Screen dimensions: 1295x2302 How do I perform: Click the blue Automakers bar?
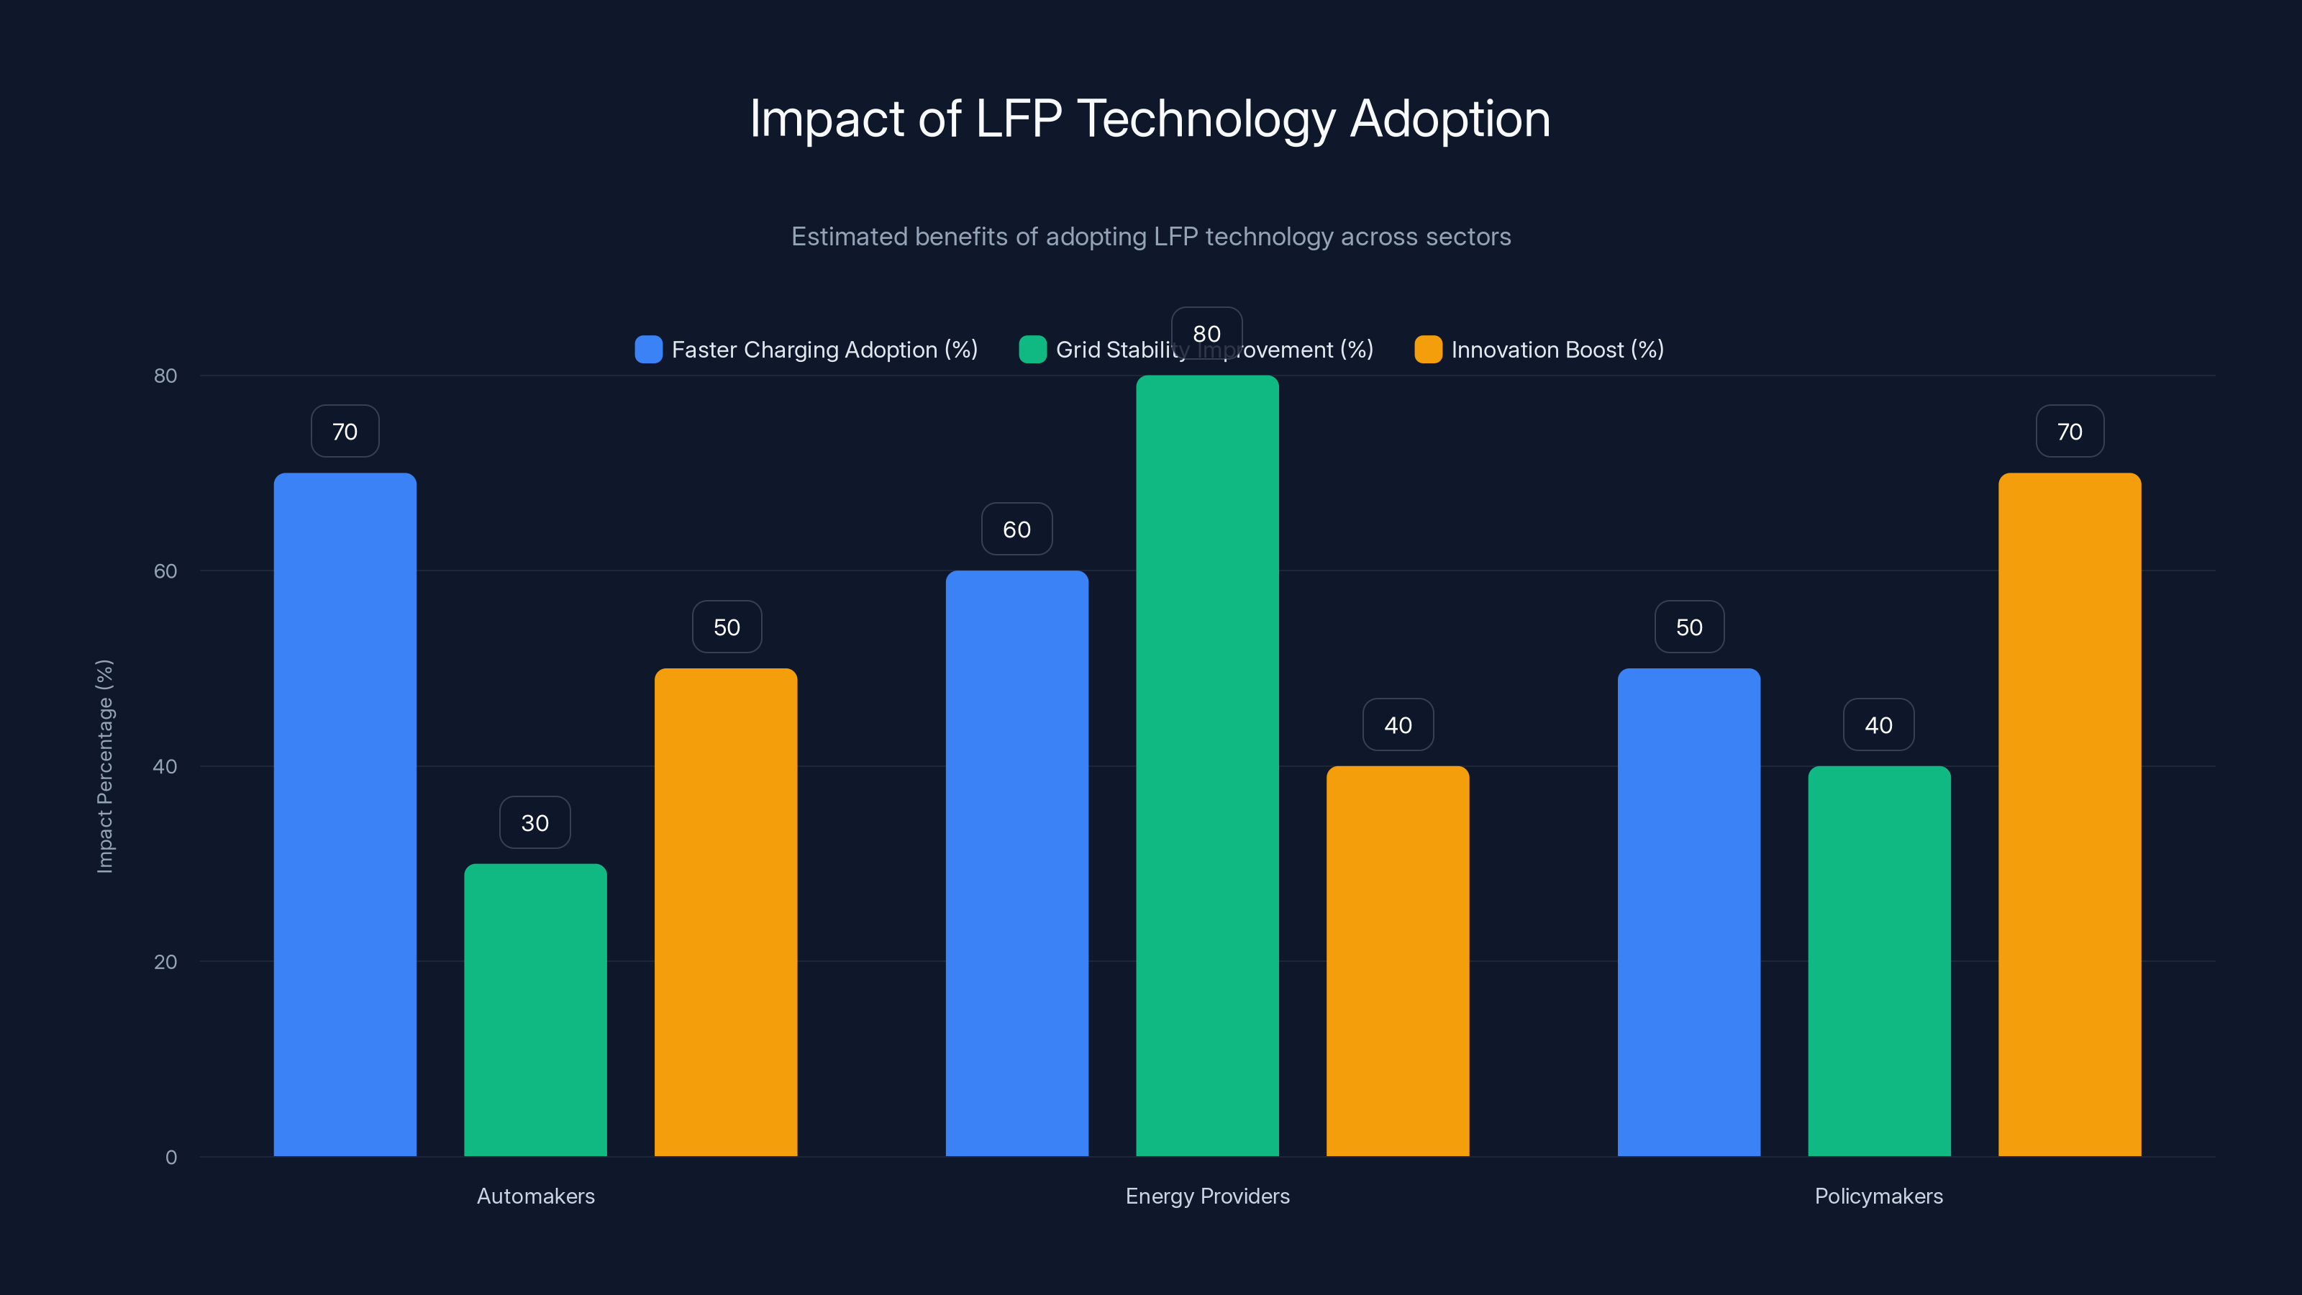point(345,813)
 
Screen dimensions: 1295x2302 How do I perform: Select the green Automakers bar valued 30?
point(535,1010)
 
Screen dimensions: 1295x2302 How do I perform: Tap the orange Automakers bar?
point(726,912)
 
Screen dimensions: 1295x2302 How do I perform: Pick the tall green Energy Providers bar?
point(1207,765)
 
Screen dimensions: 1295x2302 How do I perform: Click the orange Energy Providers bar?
point(1398,960)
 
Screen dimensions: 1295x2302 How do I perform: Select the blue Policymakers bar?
point(1689,912)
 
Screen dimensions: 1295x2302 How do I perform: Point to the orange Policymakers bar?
point(2070,813)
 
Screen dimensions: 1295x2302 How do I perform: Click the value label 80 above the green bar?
point(1206,333)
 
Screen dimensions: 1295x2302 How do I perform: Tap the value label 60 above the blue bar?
point(1017,529)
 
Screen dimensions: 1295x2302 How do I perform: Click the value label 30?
point(535,822)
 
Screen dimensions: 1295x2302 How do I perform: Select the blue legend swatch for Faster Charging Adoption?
point(648,350)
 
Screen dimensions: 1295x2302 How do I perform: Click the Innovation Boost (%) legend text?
point(1557,350)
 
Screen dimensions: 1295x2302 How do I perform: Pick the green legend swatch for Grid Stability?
point(1032,350)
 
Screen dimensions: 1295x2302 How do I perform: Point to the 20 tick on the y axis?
point(165,962)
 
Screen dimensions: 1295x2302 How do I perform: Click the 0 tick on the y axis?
point(170,1158)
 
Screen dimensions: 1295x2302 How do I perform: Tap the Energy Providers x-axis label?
point(1207,1196)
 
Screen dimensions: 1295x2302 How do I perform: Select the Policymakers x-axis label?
point(1878,1196)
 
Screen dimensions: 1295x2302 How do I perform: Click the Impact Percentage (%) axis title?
point(104,766)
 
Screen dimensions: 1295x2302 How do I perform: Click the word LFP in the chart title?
point(1018,118)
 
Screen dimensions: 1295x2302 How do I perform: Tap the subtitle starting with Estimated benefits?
point(1151,236)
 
